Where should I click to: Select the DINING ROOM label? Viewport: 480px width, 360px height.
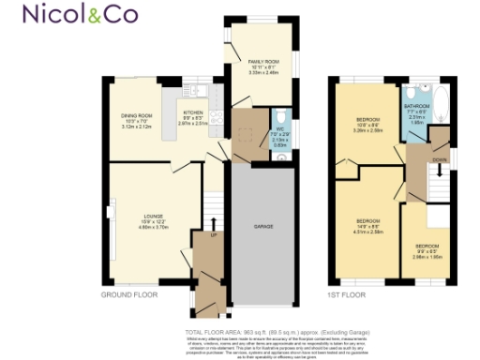coord(138,117)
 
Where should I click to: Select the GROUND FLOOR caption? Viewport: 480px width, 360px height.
coord(130,294)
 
